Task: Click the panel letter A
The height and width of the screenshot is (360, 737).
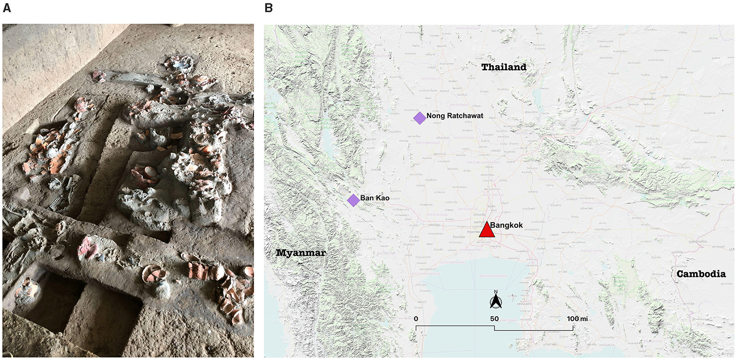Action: point(7,8)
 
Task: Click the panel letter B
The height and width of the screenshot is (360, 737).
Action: point(269,8)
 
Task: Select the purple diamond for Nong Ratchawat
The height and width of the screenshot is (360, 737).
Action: point(420,118)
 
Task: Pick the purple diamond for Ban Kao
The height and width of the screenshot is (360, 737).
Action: point(353,200)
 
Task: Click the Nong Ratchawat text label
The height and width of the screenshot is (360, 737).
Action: point(455,116)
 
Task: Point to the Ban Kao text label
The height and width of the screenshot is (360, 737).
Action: point(375,198)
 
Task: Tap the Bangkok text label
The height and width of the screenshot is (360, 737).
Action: point(506,225)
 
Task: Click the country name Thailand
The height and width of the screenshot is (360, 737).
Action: point(504,67)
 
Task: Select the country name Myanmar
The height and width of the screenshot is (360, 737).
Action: point(301,253)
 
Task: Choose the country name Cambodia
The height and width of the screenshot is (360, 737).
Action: point(701,274)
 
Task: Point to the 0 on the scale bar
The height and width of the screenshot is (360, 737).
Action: point(416,319)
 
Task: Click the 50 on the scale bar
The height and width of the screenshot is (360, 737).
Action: point(494,319)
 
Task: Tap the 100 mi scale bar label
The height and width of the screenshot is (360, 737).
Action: point(577,319)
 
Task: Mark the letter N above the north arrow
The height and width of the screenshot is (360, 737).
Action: point(496,292)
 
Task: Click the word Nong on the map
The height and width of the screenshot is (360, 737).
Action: point(435,116)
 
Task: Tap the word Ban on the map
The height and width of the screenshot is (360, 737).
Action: point(367,198)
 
